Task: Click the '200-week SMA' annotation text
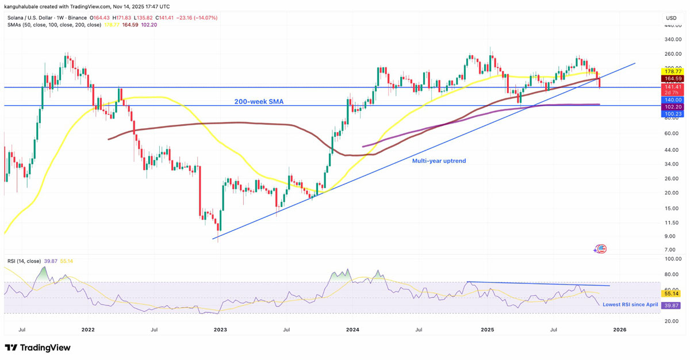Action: [258, 102]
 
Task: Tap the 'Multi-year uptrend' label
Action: [439, 161]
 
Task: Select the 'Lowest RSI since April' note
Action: [630, 304]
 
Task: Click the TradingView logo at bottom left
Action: [38, 347]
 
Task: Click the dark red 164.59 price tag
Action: [671, 79]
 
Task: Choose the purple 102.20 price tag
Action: [671, 107]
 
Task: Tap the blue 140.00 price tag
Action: [671, 99]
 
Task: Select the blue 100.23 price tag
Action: [671, 114]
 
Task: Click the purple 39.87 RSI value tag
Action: [671, 305]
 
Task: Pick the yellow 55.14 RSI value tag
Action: [671, 293]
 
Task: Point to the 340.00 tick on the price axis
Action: [670, 40]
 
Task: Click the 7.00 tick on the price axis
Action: [670, 250]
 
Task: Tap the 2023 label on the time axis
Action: [220, 330]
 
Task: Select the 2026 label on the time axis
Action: [619, 330]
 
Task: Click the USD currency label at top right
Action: [670, 18]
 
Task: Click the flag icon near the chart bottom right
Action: [601, 249]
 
